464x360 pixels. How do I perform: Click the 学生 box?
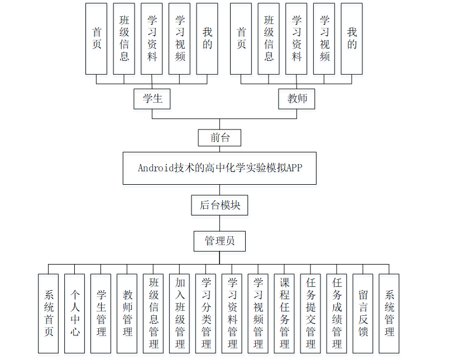coord(152,99)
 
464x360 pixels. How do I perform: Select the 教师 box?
coord(296,99)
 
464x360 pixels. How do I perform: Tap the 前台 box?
coord(219,138)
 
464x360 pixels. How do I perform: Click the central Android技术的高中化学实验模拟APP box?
coord(219,168)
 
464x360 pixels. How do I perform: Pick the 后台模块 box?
coord(219,205)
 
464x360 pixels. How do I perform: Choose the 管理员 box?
coord(219,241)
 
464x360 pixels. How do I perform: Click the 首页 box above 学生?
coord(96,39)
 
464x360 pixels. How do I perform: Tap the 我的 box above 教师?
coord(352,39)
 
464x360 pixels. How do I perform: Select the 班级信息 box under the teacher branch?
coord(269,39)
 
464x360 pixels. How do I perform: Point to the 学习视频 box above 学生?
coord(180,39)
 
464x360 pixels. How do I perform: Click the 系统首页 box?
coord(49,313)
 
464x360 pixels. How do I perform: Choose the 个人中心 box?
coord(75,313)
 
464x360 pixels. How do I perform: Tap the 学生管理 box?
coord(101,313)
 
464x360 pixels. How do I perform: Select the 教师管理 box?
coord(127,313)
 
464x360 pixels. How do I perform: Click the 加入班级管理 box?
coord(180,313)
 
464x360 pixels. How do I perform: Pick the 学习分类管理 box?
coord(206,313)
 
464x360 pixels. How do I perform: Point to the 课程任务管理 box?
coord(284,313)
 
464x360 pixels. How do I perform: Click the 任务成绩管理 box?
coord(337,313)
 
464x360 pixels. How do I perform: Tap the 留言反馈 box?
coord(363,313)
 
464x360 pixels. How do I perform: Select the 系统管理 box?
coord(389,313)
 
